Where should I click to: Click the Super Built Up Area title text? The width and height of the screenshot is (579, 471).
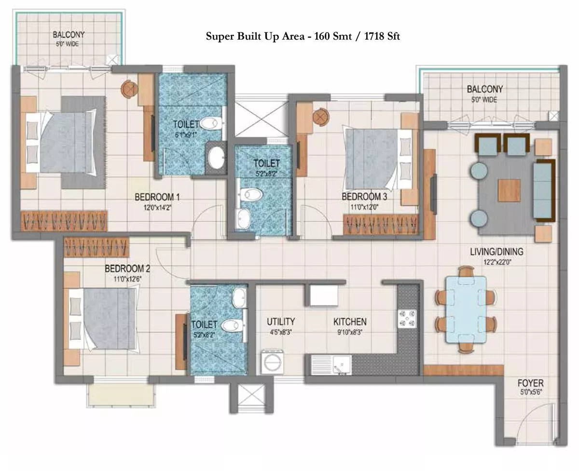pos(303,36)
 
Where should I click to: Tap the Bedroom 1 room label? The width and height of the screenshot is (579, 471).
pos(157,197)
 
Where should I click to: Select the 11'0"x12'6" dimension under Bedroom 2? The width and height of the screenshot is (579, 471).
pos(127,279)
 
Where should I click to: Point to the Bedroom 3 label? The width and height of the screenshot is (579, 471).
pos(364,196)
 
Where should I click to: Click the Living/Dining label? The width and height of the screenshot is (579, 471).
pos(496,252)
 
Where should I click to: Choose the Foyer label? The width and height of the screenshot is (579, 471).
pos(530,383)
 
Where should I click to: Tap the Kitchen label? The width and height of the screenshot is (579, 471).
pos(350,322)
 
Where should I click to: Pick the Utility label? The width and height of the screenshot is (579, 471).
pos(281,322)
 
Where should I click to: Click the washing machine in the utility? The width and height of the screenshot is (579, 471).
pos(273,362)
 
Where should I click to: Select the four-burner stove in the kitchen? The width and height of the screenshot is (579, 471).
pos(407,319)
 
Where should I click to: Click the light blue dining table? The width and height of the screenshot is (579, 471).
pos(466,310)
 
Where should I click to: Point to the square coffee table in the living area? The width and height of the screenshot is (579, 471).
pos(509,190)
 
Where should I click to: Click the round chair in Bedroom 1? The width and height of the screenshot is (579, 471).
pos(130,89)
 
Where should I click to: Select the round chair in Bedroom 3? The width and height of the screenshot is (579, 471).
pos(321,117)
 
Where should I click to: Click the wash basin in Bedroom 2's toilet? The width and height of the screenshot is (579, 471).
pos(239,298)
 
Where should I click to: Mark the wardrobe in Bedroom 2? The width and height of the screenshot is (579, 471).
pos(96,247)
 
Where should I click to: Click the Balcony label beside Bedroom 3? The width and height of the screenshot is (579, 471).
pos(485,89)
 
